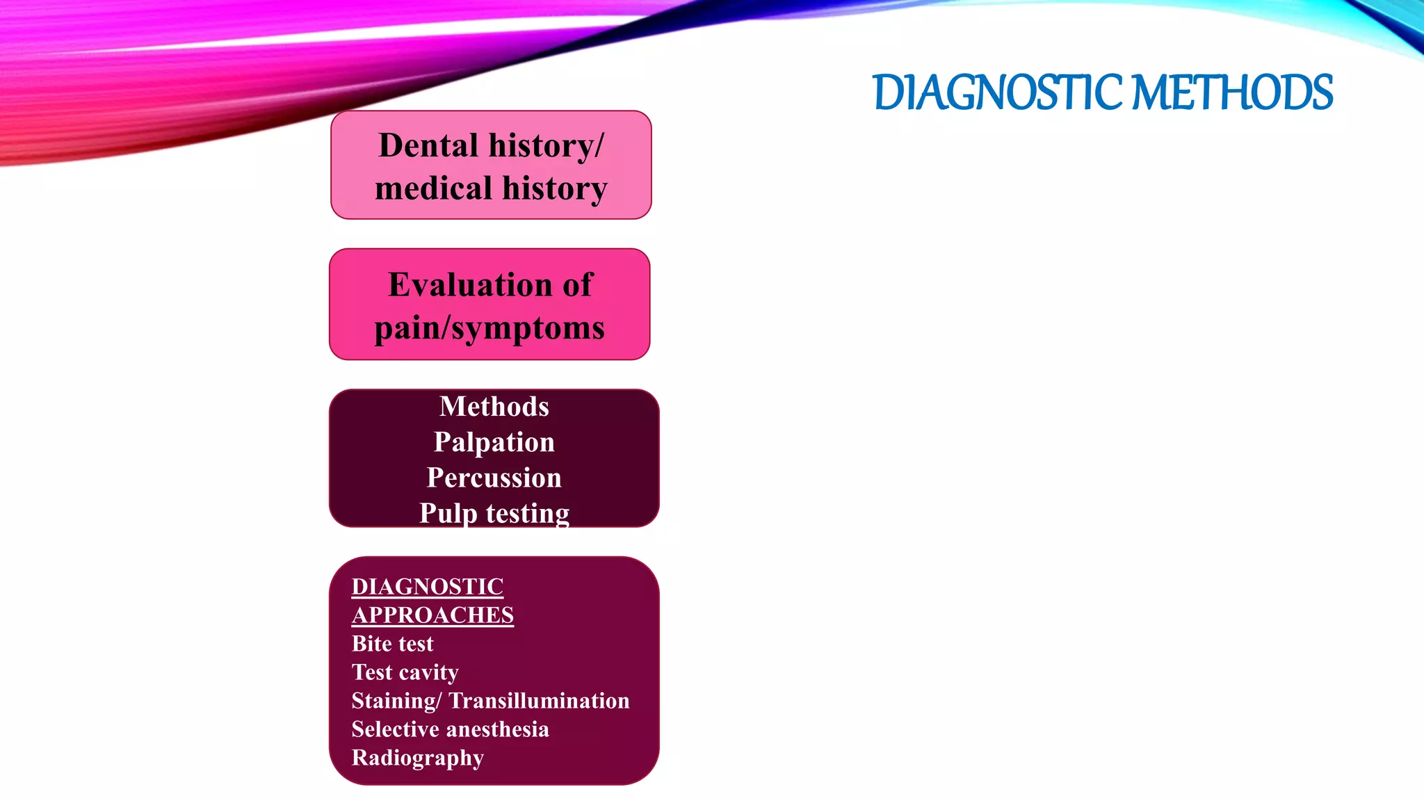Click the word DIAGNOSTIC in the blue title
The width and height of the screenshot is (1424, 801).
(996, 93)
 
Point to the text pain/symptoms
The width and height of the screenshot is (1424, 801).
(489, 328)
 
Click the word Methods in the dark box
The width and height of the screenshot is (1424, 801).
(494, 407)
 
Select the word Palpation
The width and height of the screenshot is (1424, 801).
(494, 442)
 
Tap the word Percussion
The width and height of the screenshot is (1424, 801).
(494, 478)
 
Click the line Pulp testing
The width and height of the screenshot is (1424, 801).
(494, 513)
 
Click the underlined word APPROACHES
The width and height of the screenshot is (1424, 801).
(432, 615)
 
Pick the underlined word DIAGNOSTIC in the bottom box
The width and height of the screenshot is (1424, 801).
(427, 587)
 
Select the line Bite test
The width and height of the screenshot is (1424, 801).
(392, 644)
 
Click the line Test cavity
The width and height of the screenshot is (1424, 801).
(405, 672)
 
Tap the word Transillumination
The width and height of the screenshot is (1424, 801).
(539, 701)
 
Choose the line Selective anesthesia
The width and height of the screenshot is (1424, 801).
(450, 729)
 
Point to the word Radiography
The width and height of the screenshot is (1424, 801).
(417, 758)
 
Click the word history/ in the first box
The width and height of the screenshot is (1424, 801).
(547, 146)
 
